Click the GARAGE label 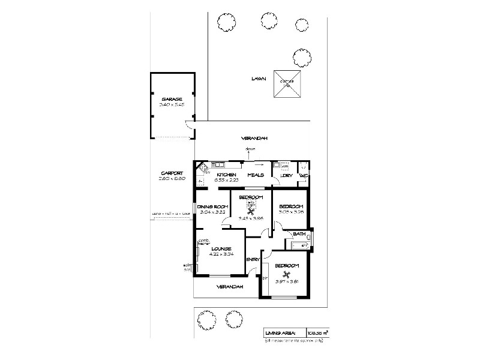point(172,98)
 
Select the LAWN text point(259,79)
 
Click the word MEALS point(256,175)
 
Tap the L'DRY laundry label point(286,175)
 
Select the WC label point(304,175)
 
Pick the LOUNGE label point(221,248)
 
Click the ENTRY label point(252,259)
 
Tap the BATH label point(299,233)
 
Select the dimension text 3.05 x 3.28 point(291,212)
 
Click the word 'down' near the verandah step point(251,150)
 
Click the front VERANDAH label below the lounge point(230,286)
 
